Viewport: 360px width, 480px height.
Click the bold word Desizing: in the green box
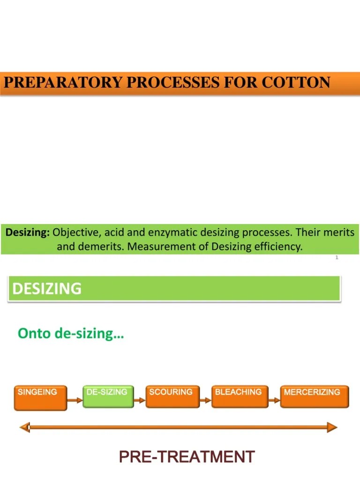point(28,232)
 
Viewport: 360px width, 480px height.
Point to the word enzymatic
point(174,232)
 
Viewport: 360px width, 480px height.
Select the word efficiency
point(277,246)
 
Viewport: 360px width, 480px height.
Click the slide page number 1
point(337,257)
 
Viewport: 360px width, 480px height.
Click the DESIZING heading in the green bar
point(46,288)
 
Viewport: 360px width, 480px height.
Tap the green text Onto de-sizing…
point(71,334)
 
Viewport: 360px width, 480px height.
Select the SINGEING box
point(40,397)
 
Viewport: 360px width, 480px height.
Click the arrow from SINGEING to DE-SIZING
point(75,400)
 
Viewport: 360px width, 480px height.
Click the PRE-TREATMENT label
point(187,457)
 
